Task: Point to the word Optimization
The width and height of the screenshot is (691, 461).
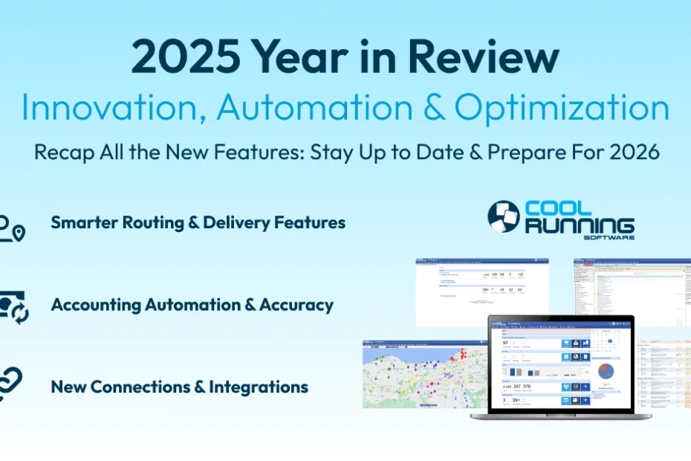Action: click(x=562, y=108)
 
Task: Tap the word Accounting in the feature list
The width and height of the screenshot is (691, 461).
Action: click(x=95, y=305)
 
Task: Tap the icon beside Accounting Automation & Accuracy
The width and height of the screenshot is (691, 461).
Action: click(x=13, y=306)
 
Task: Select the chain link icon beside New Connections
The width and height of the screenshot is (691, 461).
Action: click(x=10, y=384)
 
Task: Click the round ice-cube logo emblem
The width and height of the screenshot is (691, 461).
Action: click(x=503, y=216)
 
